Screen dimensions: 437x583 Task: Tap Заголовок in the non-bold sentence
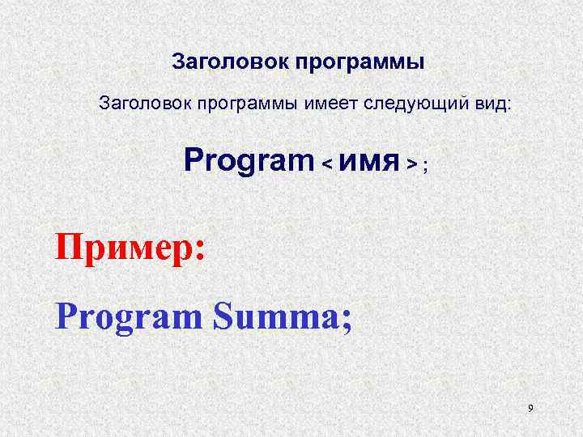click(x=138, y=104)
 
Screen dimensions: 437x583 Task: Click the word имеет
click(x=331, y=104)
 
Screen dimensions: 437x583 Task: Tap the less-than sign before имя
click(x=327, y=164)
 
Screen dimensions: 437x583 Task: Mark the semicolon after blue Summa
click(x=347, y=322)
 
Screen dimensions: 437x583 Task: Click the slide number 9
click(x=530, y=409)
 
